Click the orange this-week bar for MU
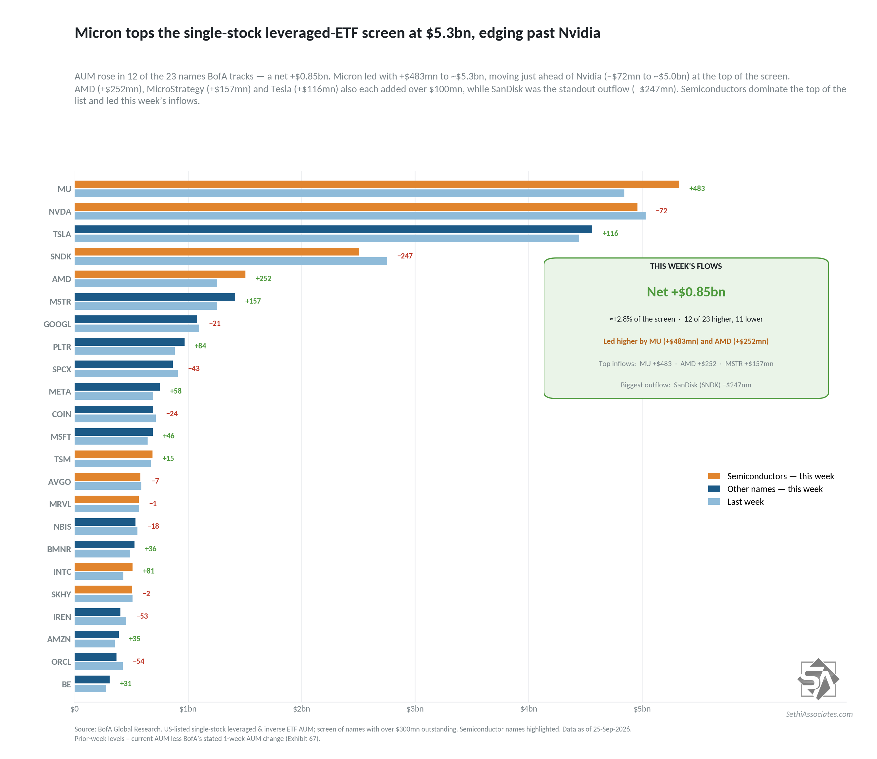coord(377,184)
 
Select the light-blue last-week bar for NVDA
coord(360,216)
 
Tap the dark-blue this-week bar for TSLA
coord(333,229)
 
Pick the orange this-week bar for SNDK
coord(217,252)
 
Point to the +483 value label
coord(697,188)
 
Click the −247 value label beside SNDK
coord(404,256)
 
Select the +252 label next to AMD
coord(263,278)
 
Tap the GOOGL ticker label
coord(57,324)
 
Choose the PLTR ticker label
coord(62,346)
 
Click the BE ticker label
coord(66,684)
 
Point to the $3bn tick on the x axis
coord(415,709)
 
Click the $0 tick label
coord(75,709)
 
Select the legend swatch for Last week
coord(714,502)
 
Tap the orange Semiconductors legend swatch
coord(714,476)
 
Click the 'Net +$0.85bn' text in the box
coord(686,292)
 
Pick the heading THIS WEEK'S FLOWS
coord(686,266)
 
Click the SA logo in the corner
coord(818,679)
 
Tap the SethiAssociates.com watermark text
coord(819,714)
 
